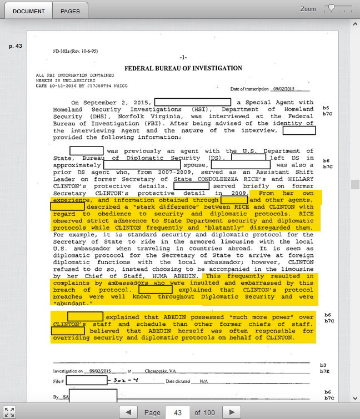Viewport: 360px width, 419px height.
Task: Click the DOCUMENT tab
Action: tap(27, 11)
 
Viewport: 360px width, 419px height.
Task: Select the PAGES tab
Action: tap(70, 11)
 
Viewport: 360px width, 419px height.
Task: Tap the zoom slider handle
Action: tap(332, 8)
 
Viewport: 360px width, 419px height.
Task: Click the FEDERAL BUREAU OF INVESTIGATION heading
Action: tap(183, 68)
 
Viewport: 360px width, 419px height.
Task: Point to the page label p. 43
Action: tap(15, 46)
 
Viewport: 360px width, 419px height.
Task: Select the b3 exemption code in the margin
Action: tap(323, 365)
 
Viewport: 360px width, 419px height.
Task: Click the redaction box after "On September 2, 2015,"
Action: tap(192, 102)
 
